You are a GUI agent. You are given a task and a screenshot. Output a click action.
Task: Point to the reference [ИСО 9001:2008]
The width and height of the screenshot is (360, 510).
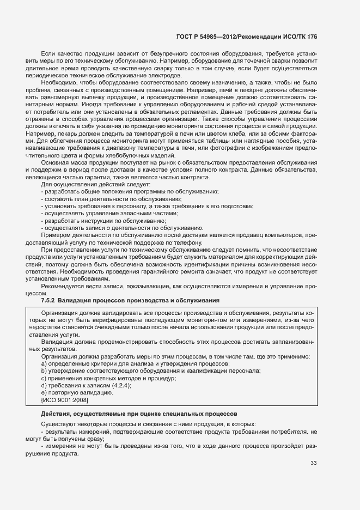[x=65, y=400]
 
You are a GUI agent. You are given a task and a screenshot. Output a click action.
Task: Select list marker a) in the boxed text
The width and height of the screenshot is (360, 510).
[x=44, y=363]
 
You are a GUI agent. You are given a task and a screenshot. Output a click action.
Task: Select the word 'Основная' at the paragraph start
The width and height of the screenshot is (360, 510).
[x=53, y=162]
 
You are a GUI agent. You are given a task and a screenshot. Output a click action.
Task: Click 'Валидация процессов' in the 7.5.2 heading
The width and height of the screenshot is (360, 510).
[x=91, y=300]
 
